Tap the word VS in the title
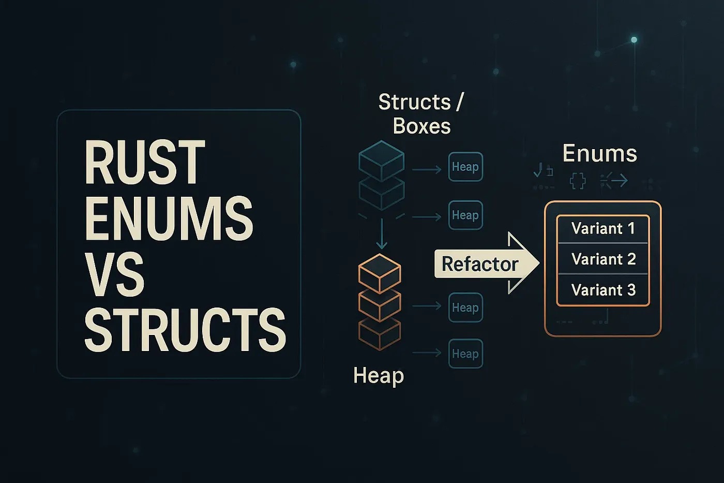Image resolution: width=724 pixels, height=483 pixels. [x=115, y=274]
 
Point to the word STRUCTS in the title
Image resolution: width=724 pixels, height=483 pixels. [x=185, y=329]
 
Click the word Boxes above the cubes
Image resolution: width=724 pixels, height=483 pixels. [x=421, y=126]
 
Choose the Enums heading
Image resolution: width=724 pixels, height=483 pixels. [x=599, y=153]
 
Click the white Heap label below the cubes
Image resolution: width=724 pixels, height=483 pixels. [x=378, y=375]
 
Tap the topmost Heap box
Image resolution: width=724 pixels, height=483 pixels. [x=465, y=167]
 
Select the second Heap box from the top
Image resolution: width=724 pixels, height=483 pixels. [x=465, y=215]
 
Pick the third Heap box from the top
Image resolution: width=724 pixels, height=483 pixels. [x=465, y=308]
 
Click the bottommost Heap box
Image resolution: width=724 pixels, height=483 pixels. [x=465, y=354]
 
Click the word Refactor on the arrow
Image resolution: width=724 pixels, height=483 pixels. [x=479, y=264]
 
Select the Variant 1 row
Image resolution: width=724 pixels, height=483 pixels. [x=603, y=228]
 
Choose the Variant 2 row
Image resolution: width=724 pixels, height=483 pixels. [x=603, y=259]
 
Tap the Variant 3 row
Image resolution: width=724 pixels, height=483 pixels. [x=603, y=290]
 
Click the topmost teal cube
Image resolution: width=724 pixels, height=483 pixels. [x=381, y=160]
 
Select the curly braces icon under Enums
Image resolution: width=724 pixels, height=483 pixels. [x=577, y=181]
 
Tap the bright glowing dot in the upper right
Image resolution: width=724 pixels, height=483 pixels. [x=633, y=39]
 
